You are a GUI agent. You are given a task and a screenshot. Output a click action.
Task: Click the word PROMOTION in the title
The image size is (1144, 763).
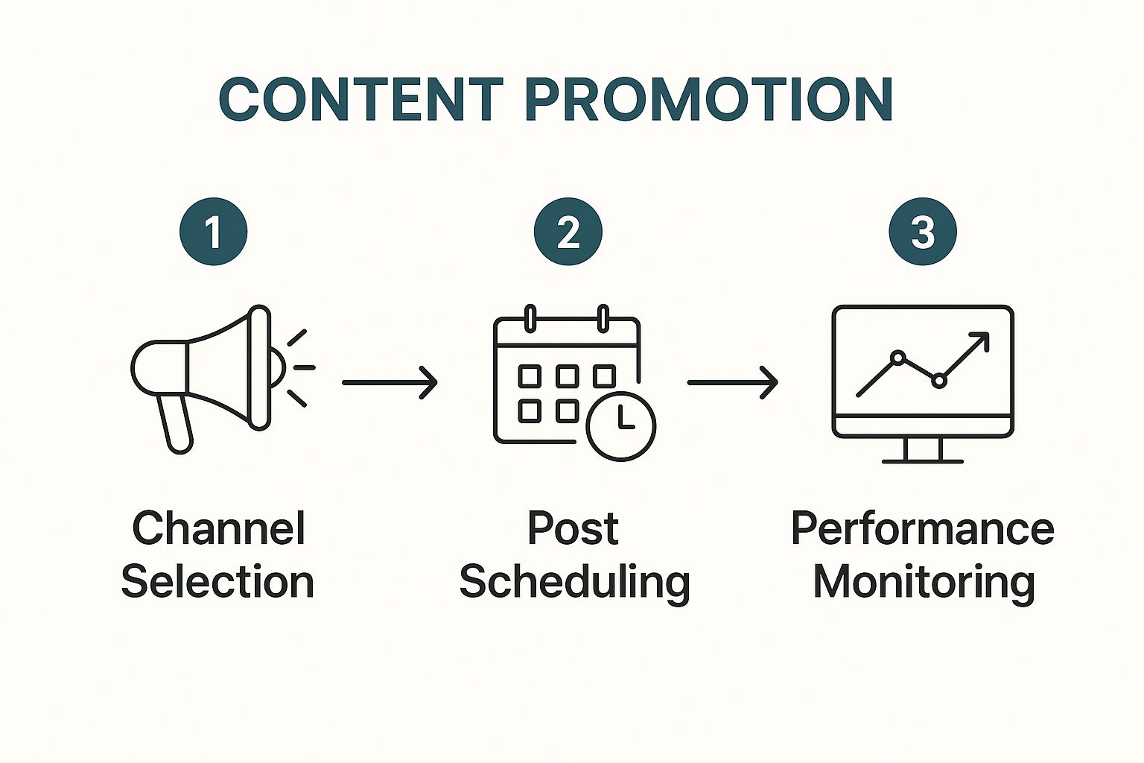coord(709,99)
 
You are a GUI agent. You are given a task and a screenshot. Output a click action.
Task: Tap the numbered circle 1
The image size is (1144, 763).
coord(214,232)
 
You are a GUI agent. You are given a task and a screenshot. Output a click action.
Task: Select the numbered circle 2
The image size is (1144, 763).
coord(568,232)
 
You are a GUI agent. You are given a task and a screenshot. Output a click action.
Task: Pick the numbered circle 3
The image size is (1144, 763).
coord(923,232)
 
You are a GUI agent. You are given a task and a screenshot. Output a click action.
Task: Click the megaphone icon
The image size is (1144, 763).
coord(223,379)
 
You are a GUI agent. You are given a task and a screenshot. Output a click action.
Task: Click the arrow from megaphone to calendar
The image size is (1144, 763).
coord(390,382)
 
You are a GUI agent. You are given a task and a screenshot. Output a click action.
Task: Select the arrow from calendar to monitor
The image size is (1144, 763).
coord(732,382)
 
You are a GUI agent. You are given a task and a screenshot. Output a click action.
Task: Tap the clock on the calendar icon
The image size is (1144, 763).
coord(621,426)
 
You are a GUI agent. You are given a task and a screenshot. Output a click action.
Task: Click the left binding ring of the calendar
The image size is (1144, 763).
coord(530,318)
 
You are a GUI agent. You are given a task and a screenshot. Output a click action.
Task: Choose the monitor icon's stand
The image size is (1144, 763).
coord(923,451)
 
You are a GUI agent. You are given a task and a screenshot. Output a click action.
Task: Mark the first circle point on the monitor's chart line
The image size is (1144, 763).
coord(897,358)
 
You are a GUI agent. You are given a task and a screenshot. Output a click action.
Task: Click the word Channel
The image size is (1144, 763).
coord(218,528)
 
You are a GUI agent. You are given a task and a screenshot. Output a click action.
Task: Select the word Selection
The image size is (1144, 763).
coord(217,582)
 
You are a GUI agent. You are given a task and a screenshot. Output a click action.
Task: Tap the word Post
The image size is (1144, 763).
coord(573,528)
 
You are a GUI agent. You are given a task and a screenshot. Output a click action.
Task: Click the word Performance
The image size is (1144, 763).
coord(923,528)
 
